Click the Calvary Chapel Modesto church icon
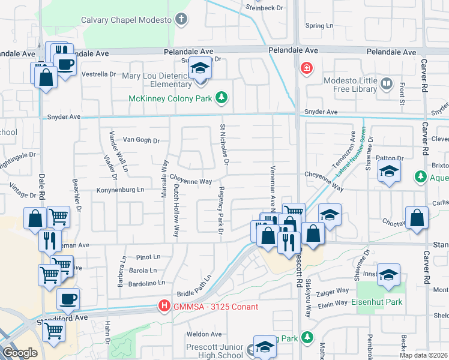point(181,20)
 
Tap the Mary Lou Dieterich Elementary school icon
point(200,70)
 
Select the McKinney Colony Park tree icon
point(221,97)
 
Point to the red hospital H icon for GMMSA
point(163,306)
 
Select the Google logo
point(19,353)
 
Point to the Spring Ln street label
point(319,26)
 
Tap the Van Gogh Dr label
point(141,140)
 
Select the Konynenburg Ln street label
point(121,190)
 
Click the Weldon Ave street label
point(204,334)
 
